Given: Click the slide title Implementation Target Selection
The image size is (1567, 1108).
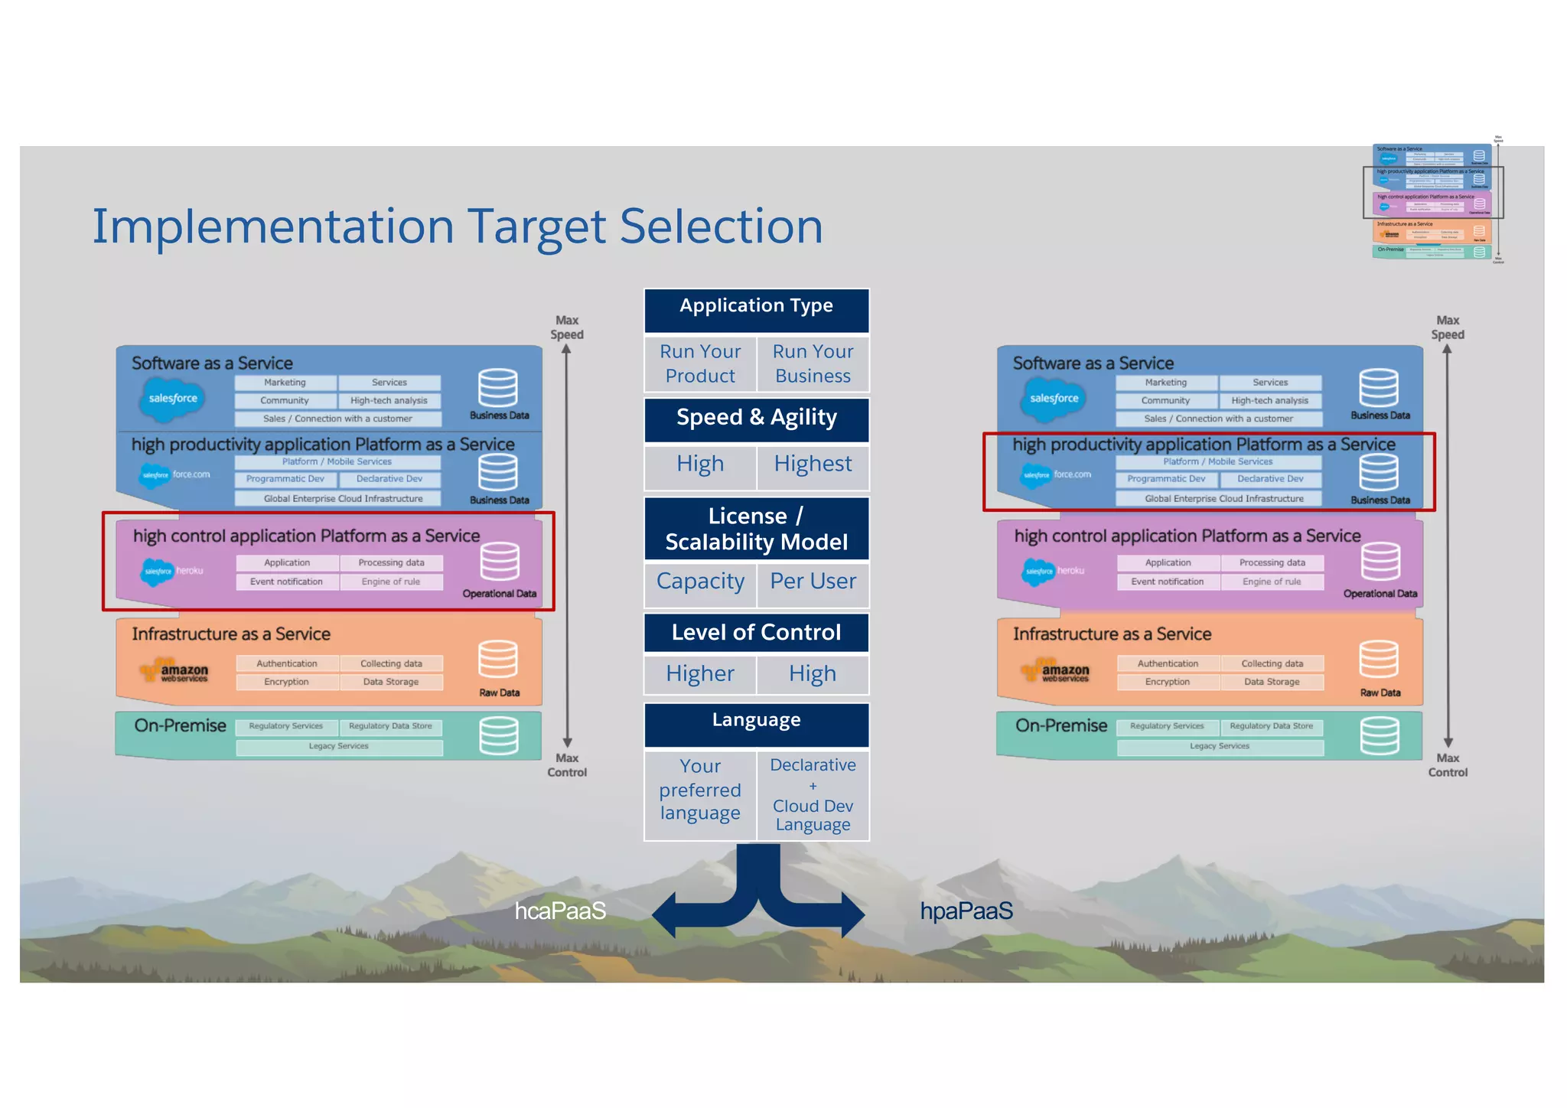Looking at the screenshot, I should tap(457, 226).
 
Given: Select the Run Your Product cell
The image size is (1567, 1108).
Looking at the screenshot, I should tap(700, 364).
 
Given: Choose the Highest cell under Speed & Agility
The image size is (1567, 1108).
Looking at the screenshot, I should tap(813, 464).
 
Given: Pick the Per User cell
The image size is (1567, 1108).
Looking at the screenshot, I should tap(813, 582).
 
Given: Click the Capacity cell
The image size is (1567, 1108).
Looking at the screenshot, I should tap(700, 582).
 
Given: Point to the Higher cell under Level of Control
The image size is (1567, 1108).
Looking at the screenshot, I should tap(700, 674).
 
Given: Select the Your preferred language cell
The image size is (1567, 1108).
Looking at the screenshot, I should tap(700, 790).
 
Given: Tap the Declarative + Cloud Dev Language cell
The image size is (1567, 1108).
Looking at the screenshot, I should tap(813, 795).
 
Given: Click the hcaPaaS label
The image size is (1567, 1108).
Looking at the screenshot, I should tap(560, 911).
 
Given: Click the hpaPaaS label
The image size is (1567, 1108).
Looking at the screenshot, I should tap(966, 911).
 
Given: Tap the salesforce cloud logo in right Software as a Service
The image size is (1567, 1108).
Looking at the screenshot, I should tap(1054, 399).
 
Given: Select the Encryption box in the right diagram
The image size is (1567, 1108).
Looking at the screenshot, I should tap(1167, 682).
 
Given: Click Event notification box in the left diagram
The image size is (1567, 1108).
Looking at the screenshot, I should tap(286, 582).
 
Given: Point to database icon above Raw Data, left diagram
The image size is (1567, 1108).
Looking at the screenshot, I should tap(498, 660).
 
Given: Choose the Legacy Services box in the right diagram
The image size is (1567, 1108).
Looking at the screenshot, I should tap(1220, 747).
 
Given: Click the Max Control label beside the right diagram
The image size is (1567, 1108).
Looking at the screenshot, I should tap(1447, 765).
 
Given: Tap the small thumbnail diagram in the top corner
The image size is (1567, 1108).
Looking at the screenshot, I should tap(1433, 201).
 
